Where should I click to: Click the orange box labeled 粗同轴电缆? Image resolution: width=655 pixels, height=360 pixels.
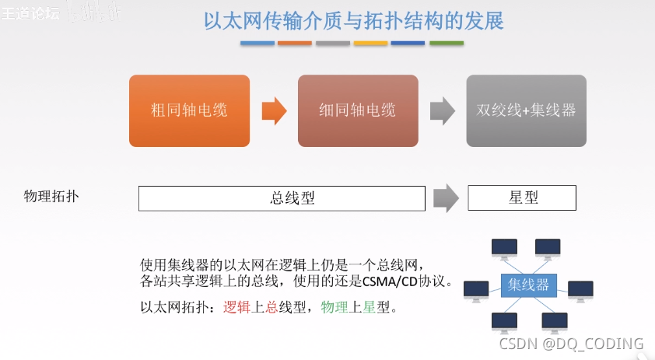(x=189, y=110)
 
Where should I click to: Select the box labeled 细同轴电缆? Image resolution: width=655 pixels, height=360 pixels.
(x=358, y=110)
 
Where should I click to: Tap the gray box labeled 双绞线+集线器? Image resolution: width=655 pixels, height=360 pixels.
(x=526, y=110)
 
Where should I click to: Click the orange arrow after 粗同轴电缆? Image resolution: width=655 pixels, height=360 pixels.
(x=274, y=110)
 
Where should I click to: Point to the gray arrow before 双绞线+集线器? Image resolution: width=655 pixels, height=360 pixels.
(x=443, y=110)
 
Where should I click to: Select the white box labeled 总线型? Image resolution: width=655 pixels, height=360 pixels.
(x=282, y=197)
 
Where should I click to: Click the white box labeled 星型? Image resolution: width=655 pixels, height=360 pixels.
(x=522, y=197)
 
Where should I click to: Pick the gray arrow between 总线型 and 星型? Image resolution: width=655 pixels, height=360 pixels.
(x=446, y=197)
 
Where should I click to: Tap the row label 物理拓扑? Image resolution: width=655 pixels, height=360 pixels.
(x=51, y=196)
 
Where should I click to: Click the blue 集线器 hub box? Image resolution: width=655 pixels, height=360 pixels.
(x=528, y=285)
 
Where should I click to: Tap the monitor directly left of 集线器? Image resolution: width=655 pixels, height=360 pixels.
(x=476, y=290)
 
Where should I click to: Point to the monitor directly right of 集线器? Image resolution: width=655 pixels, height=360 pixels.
(x=580, y=290)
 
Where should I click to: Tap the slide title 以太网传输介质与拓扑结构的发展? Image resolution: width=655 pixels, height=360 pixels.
(x=353, y=19)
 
